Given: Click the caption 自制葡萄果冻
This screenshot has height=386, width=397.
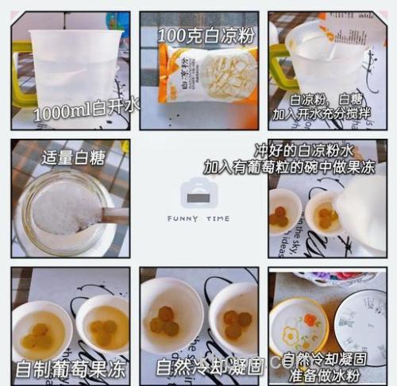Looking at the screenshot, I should coord(70,368).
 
